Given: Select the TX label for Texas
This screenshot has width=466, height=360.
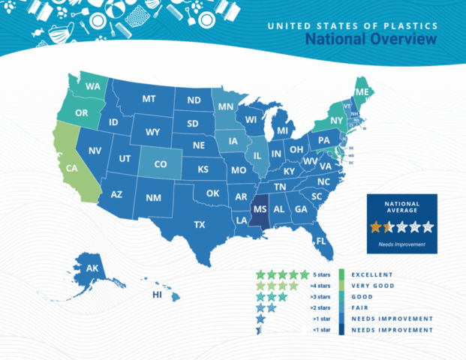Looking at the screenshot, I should [x=200, y=224].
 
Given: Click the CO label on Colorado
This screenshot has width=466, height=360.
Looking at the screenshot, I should [x=160, y=164].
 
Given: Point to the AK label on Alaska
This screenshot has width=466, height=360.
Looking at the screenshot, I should [x=92, y=269].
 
